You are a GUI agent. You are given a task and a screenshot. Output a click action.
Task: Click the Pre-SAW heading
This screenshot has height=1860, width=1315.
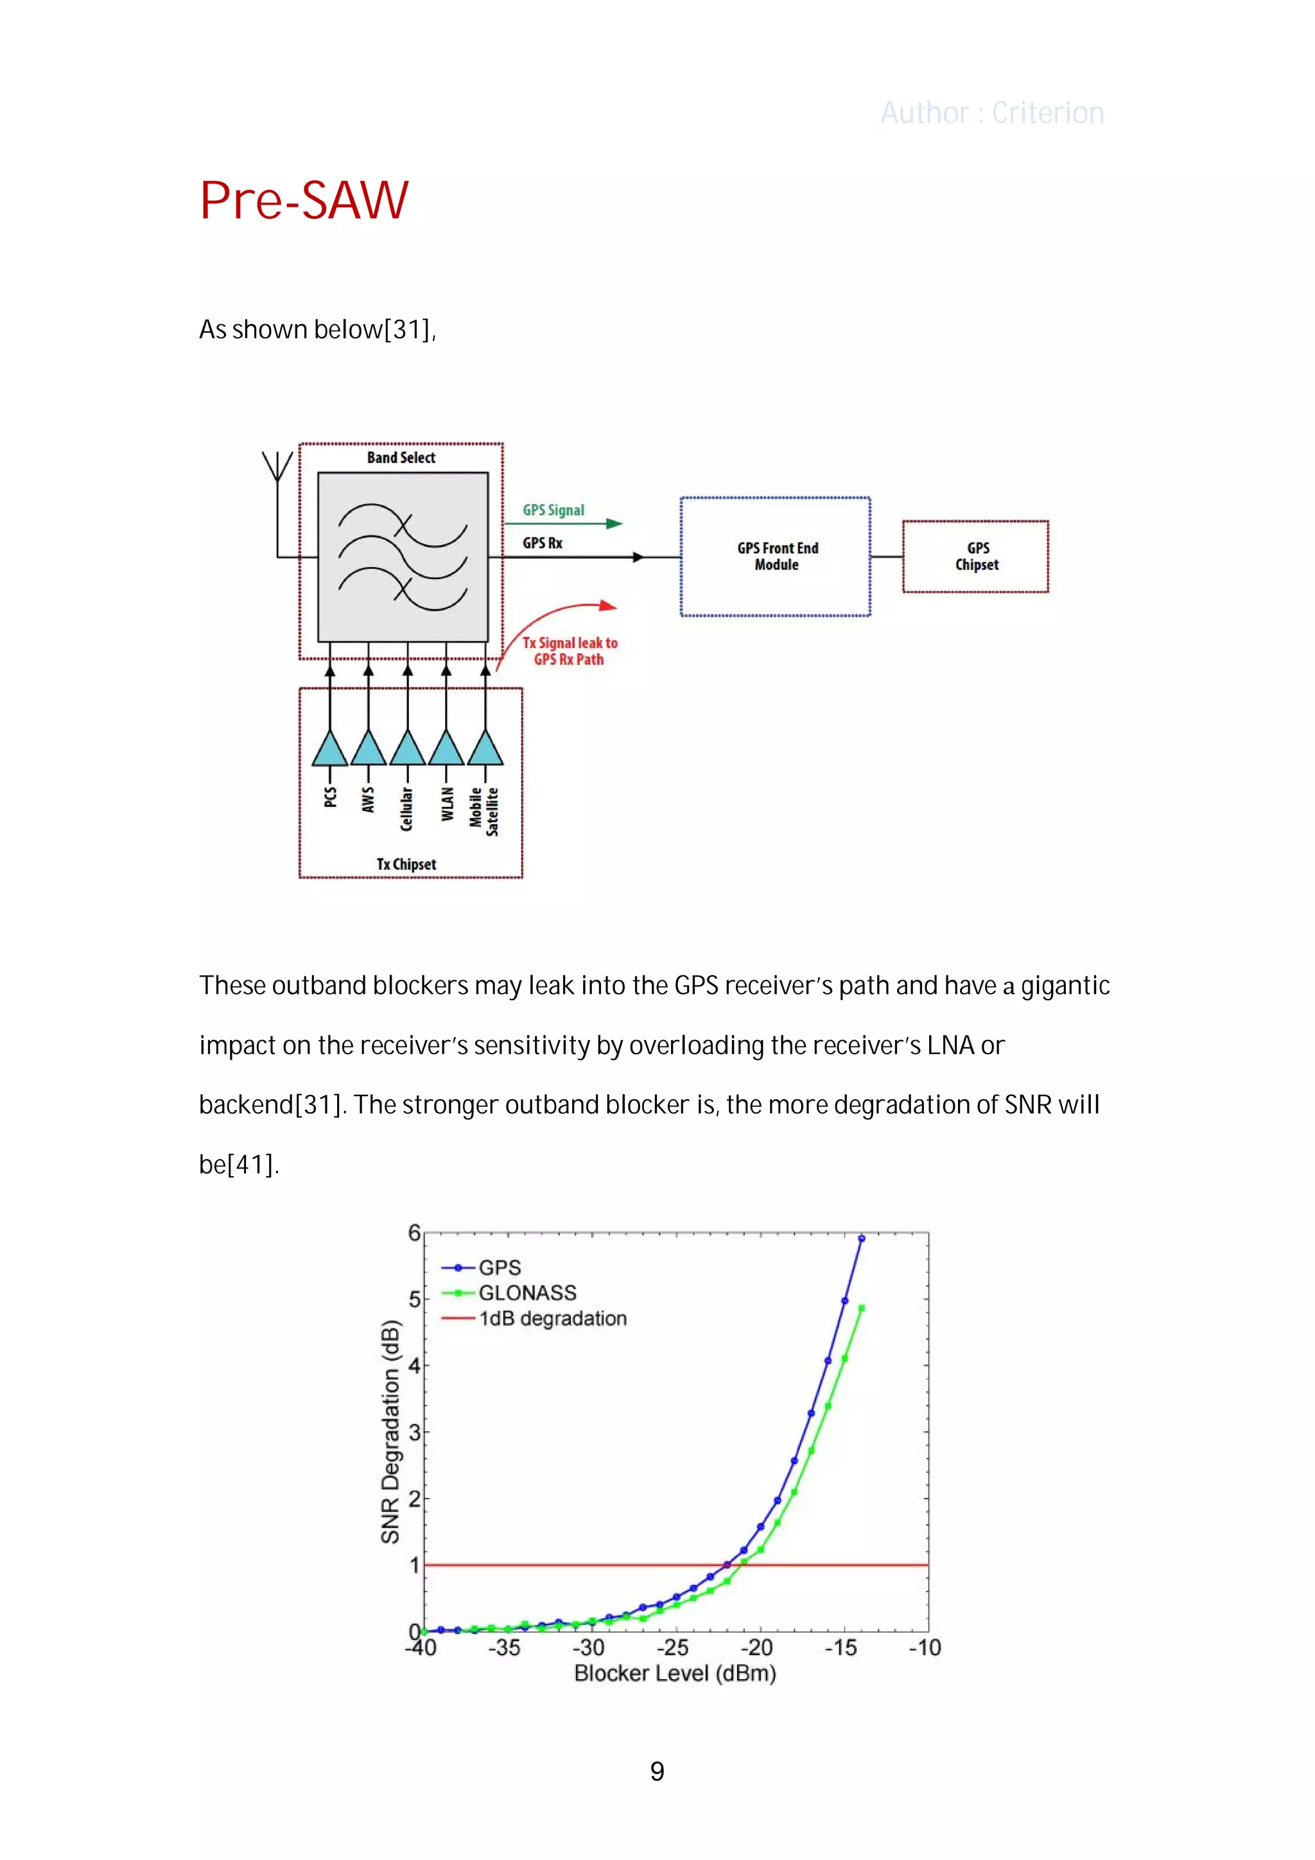[304, 200]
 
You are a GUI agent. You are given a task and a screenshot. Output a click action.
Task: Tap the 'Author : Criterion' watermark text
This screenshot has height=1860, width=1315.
[992, 114]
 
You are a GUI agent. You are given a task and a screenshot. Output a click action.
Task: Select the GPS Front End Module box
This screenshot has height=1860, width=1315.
[776, 557]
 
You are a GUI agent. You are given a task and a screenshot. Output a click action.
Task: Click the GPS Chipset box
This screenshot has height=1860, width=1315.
[975, 557]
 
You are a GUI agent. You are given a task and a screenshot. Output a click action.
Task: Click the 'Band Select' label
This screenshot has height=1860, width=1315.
[401, 458]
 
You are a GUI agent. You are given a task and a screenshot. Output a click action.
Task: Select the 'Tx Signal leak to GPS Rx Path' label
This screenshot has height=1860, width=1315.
[570, 651]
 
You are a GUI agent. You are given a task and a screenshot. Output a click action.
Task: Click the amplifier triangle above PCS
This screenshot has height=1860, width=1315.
[330, 749]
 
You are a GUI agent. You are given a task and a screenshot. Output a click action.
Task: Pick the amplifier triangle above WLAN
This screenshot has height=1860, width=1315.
[446, 749]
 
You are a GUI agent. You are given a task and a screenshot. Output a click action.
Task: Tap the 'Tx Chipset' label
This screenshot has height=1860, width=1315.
[406, 864]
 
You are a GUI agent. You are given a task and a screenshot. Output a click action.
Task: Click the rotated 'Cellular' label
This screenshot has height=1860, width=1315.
[406, 808]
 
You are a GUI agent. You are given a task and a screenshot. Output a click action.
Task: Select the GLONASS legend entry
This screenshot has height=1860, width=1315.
[527, 1293]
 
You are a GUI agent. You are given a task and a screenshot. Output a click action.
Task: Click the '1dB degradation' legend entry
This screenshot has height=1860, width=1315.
[553, 1319]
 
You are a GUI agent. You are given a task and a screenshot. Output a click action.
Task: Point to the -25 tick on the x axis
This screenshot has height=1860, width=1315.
[672, 1647]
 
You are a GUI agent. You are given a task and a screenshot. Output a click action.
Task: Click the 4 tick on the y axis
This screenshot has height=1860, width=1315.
[414, 1366]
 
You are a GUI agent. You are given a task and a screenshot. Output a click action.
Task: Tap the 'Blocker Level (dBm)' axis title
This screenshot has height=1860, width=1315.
[675, 1674]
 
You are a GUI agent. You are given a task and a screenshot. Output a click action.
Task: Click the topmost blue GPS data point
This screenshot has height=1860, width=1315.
[861, 1239]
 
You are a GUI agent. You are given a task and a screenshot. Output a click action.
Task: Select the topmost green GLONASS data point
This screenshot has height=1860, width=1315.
[861, 1308]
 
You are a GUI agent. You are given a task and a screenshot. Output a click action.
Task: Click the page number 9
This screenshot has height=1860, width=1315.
[657, 1771]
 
